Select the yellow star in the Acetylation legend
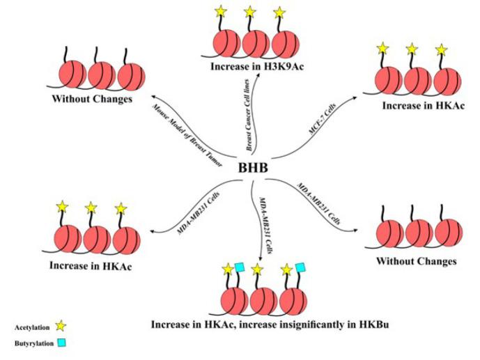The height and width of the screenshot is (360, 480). [61, 325]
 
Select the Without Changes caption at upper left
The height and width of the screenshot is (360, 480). [91, 100]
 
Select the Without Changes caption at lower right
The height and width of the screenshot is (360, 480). [416, 261]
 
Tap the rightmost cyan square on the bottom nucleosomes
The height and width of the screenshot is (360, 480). [300, 268]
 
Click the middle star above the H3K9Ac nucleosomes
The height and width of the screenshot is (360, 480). [249, 11]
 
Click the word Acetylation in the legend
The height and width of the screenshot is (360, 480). [31, 326]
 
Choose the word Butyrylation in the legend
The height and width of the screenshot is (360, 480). [31, 343]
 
